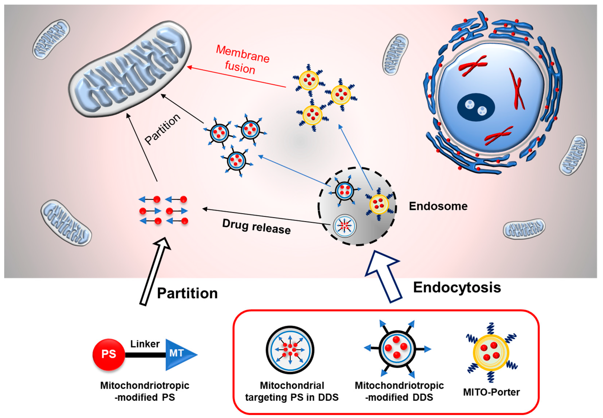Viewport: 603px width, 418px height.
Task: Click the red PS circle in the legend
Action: coord(108,355)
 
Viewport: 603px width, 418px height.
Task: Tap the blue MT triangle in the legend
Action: coord(178,354)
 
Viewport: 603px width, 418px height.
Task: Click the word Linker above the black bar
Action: coord(145,344)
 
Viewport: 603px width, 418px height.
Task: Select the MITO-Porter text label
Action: coord(491,392)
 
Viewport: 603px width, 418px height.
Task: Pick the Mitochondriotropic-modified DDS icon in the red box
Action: coord(397,349)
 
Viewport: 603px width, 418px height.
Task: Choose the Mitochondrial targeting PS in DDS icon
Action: coord(290,350)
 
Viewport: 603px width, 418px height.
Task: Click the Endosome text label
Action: coord(438,206)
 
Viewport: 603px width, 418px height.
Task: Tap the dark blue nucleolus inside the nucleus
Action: coord(476,107)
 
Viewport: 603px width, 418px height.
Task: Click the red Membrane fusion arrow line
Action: coord(236,77)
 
